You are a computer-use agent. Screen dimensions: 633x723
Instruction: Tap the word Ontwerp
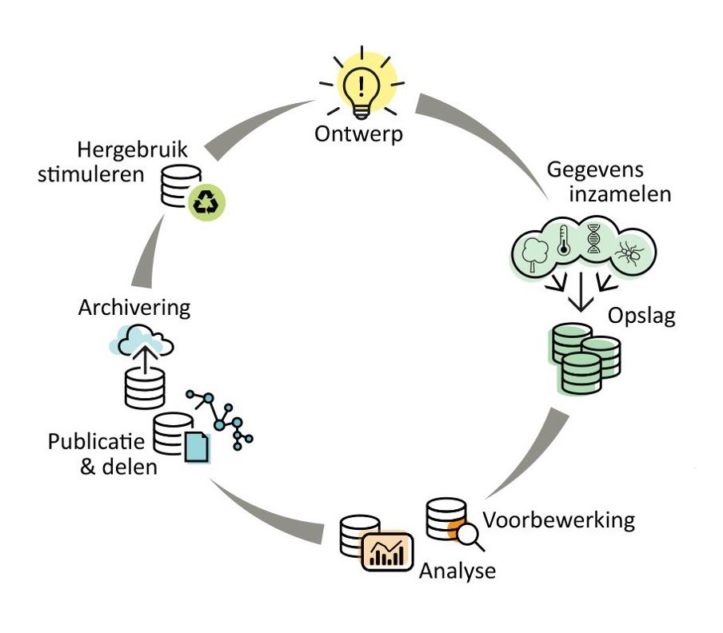tap(359, 133)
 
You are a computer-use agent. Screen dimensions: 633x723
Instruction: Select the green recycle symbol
tap(208, 201)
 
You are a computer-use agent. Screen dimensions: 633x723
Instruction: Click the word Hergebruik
tap(134, 149)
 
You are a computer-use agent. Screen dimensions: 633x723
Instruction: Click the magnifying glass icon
tap(472, 535)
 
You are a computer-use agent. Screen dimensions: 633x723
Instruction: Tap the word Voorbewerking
tap(559, 520)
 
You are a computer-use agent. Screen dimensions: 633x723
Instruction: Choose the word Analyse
tap(457, 571)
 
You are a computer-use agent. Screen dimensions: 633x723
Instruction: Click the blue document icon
tap(196, 447)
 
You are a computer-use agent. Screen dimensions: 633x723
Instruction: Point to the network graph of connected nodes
tap(222, 417)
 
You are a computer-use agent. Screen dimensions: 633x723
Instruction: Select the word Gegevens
tap(595, 170)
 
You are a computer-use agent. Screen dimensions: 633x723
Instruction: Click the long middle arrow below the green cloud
tap(581, 296)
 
